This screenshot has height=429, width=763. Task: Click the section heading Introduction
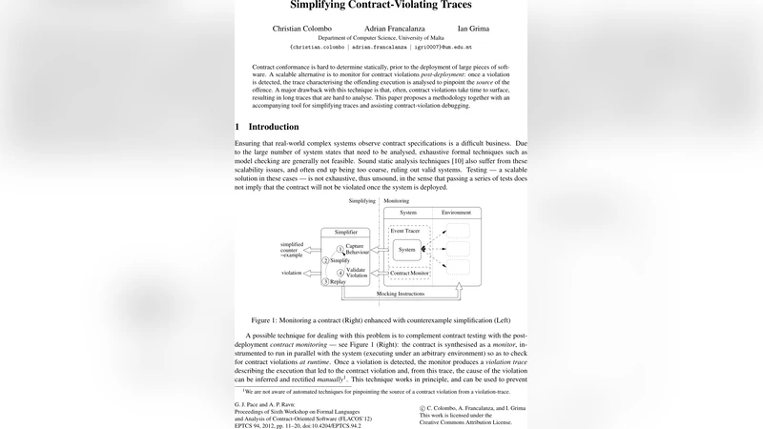(273, 127)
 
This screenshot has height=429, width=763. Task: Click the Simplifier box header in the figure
(345, 231)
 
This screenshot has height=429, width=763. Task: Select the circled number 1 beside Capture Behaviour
(340, 248)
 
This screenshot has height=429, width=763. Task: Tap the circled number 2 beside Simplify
(326, 260)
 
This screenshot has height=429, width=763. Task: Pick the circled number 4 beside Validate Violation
(340, 272)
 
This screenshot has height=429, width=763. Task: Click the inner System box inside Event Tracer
(407, 250)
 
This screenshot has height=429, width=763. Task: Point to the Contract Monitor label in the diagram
(411, 274)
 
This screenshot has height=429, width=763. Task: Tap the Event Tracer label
(406, 232)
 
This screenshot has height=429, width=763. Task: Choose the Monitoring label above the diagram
(396, 201)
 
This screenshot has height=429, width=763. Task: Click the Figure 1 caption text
(381, 320)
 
